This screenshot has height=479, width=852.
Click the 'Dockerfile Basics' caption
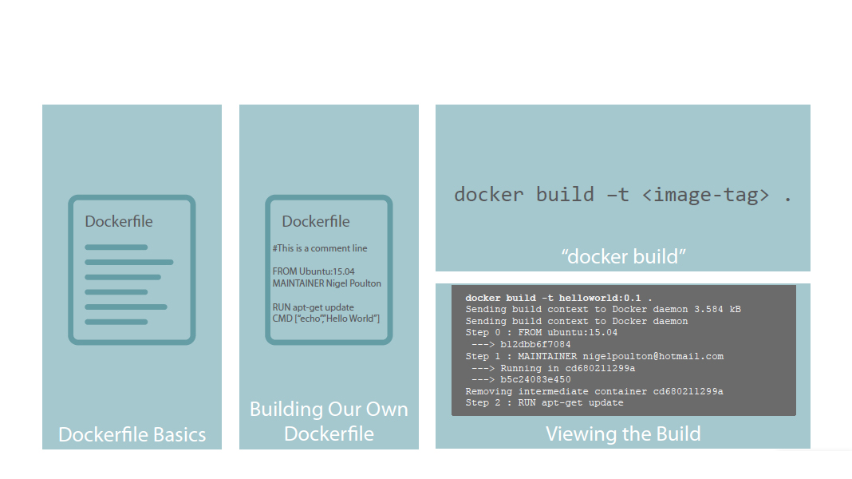tap(132, 435)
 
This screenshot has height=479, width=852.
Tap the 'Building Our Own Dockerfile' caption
tap(329, 422)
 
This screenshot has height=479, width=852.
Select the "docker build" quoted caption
tap(623, 256)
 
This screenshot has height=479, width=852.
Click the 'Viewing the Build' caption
tap(623, 433)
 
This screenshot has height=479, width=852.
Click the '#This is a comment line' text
tap(320, 248)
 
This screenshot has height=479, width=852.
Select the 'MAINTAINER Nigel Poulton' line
tap(326, 283)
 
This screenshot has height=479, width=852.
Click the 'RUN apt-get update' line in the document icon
tap(313, 307)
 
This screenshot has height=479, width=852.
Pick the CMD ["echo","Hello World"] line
tap(325, 319)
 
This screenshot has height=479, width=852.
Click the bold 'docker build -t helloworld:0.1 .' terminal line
tap(558, 298)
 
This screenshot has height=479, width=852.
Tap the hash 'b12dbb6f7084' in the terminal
tap(535, 344)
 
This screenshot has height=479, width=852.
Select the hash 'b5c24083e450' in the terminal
tap(535, 380)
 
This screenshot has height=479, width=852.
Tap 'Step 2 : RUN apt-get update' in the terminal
tap(544, 403)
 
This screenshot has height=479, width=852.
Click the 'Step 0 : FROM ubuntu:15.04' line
tap(542, 333)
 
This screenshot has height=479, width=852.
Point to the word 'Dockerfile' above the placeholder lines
tap(119, 221)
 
